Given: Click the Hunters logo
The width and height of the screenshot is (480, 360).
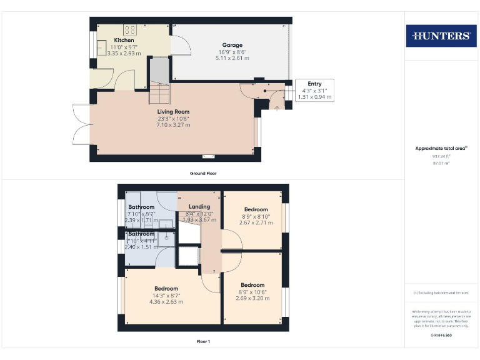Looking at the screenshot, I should [x=441, y=36].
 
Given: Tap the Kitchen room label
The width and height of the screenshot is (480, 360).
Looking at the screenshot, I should [x=124, y=40].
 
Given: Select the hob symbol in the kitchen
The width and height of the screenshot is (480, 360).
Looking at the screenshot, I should [x=131, y=29].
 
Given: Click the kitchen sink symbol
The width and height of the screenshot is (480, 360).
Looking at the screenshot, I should [x=101, y=51].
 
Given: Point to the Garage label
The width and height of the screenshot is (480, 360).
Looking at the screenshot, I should [x=232, y=45].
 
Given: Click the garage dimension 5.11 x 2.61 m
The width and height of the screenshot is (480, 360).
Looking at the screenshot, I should [x=232, y=58].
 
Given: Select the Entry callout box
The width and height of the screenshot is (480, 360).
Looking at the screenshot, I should [x=314, y=90].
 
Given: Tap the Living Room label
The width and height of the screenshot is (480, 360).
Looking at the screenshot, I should [x=173, y=112].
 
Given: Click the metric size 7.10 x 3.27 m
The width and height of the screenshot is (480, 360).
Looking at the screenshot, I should [x=173, y=125].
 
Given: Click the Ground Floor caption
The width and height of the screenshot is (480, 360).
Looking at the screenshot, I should [x=203, y=173].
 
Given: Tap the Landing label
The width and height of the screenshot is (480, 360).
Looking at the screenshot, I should [x=199, y=206].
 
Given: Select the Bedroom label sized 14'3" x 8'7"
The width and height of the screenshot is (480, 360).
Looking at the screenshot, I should [x=166, y=289].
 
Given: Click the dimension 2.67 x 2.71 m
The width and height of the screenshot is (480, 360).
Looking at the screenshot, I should [x=256, y=222].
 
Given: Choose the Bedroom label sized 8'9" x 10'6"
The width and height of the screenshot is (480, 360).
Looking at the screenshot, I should [x=252, y=285].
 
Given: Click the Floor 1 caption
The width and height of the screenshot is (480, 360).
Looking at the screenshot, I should [x=203, y=342].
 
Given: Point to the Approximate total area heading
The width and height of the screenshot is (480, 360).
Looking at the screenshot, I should [x=441, y=148].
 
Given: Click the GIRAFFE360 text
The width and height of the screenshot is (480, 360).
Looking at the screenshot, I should [x=441, y=336].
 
